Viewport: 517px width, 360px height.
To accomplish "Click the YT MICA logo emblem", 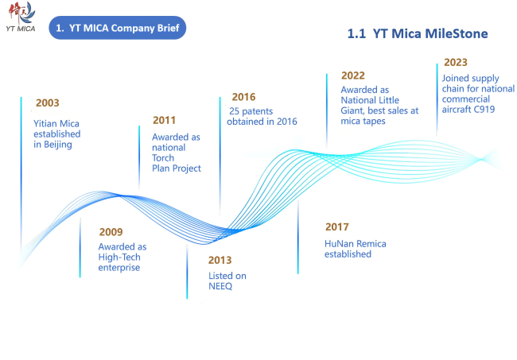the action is (21, 14).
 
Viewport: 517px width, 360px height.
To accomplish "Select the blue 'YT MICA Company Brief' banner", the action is (118, 28).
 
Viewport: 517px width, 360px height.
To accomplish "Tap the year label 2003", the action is (48, 103).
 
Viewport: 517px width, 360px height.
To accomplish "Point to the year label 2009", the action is (111, 232).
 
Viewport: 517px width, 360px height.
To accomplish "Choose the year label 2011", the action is (164, 120).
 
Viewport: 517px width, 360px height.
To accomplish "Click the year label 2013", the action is (220, 260).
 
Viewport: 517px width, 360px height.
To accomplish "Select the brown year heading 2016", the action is (243, 97).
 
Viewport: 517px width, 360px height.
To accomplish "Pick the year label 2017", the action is (337, 227).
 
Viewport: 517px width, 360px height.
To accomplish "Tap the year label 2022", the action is (353, 75).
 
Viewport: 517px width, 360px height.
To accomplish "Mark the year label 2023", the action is (456, 62).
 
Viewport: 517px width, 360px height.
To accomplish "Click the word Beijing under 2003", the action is (58, 145).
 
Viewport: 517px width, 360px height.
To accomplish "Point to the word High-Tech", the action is (119, 257).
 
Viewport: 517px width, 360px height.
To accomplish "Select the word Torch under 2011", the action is (163, 158).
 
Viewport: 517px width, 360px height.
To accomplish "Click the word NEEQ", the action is (220, 286).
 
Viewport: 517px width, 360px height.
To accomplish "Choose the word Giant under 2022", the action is (352, 111).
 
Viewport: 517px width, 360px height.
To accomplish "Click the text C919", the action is (484, 110).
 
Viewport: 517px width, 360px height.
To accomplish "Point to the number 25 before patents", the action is (234, 111).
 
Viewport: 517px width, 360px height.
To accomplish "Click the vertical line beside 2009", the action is (80, 248).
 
